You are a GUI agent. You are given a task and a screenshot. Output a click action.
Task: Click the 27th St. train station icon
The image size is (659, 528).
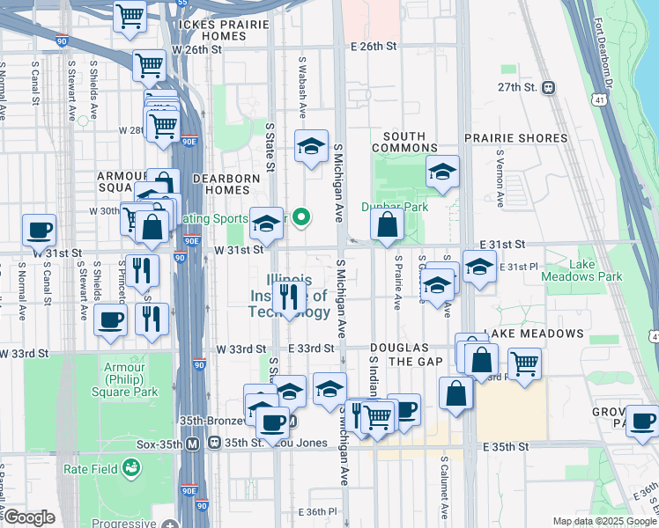[548, 87]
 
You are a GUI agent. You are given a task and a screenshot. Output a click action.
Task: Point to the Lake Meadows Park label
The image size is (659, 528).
[595, 270]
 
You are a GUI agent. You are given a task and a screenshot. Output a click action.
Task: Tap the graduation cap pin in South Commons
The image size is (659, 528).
[442, 172]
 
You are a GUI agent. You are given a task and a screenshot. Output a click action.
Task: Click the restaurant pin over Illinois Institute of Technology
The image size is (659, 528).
[289, 298]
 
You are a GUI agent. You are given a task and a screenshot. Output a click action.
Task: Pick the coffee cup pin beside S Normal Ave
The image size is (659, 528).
[40, 231]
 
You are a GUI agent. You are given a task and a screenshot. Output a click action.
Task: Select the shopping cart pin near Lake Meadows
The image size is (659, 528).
[524, 363]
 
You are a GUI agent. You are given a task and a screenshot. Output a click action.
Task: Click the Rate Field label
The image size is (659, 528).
[85, 468]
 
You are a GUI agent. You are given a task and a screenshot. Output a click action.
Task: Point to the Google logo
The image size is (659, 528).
[29, 517]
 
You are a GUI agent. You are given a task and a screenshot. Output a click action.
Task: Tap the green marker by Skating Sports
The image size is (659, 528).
[300, 216]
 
